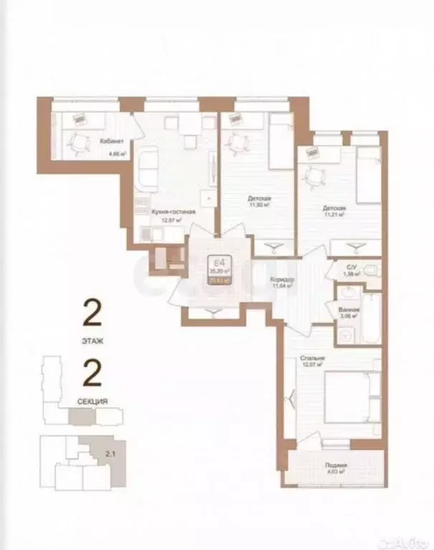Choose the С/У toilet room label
[x=352, y=266]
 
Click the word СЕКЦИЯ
[x=93, y=402]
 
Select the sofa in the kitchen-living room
[x=148, y=168]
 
